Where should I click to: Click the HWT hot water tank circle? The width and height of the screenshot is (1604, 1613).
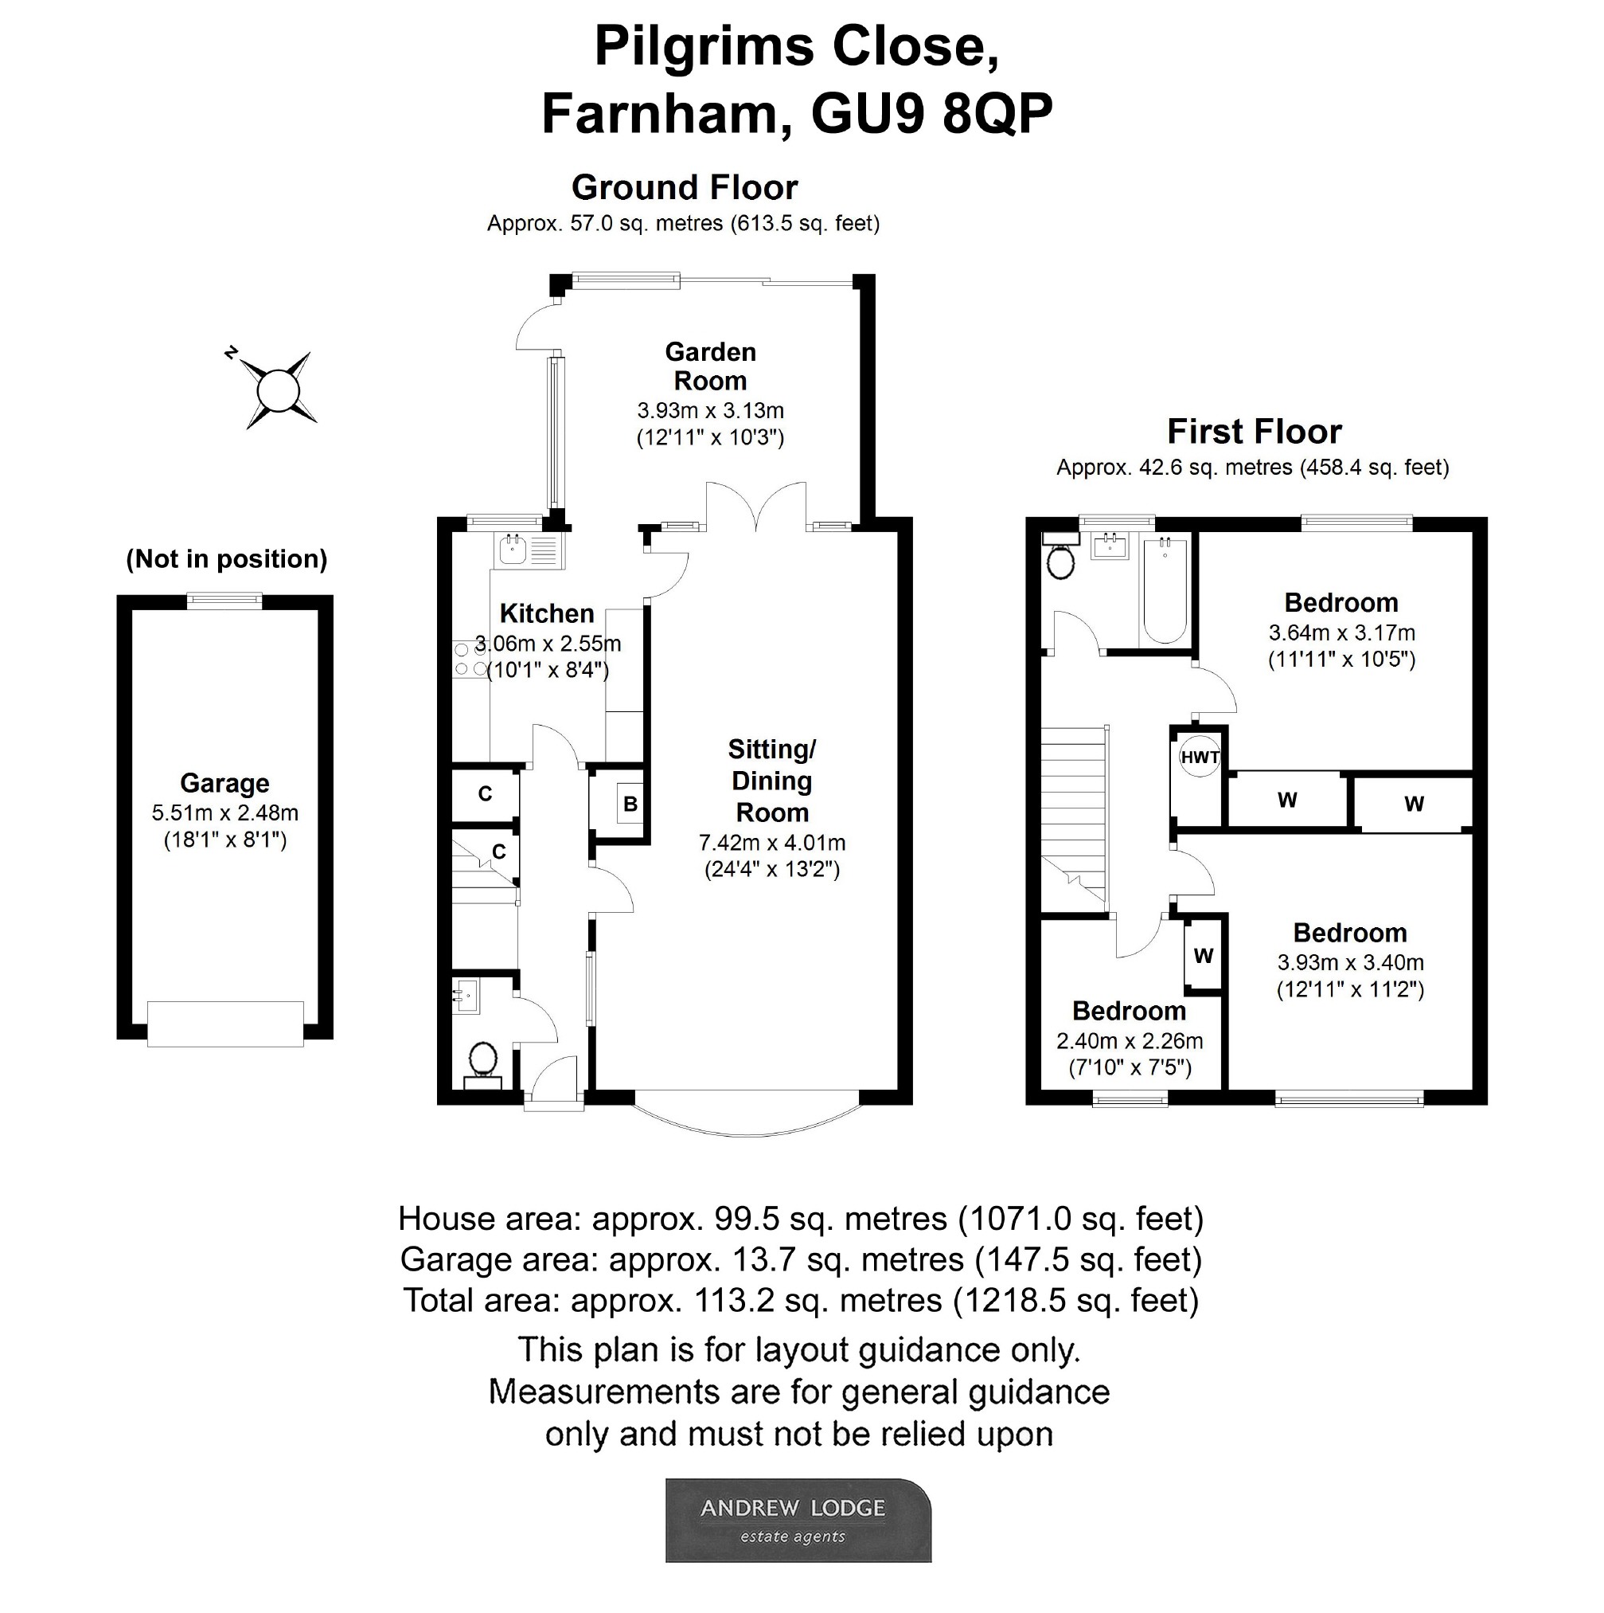pos(1200,758)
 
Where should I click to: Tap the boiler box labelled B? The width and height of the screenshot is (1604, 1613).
pos(630,804)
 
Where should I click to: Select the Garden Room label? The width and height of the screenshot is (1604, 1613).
pos(710,366)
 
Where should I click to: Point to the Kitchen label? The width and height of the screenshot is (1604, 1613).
pos(547,613)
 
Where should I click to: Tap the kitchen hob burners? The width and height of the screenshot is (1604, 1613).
pos(470,659)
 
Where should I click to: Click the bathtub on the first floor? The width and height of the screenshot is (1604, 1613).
pos(1165,590)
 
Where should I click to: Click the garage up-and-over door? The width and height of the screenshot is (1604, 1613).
pos(224,1024)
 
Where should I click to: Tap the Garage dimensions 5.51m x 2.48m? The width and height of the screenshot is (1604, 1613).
pos(224,812)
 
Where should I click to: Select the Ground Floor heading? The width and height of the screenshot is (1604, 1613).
pos(685,188)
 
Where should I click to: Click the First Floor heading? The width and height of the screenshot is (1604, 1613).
pos(1254,432)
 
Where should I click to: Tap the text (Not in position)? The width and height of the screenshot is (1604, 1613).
pos(226,558)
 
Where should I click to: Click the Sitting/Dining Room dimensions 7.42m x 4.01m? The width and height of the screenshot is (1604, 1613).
pos(772,844)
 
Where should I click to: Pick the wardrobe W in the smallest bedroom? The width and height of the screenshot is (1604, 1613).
pos(1203,955)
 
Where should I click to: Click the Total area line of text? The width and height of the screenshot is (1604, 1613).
pos(800,1300)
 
